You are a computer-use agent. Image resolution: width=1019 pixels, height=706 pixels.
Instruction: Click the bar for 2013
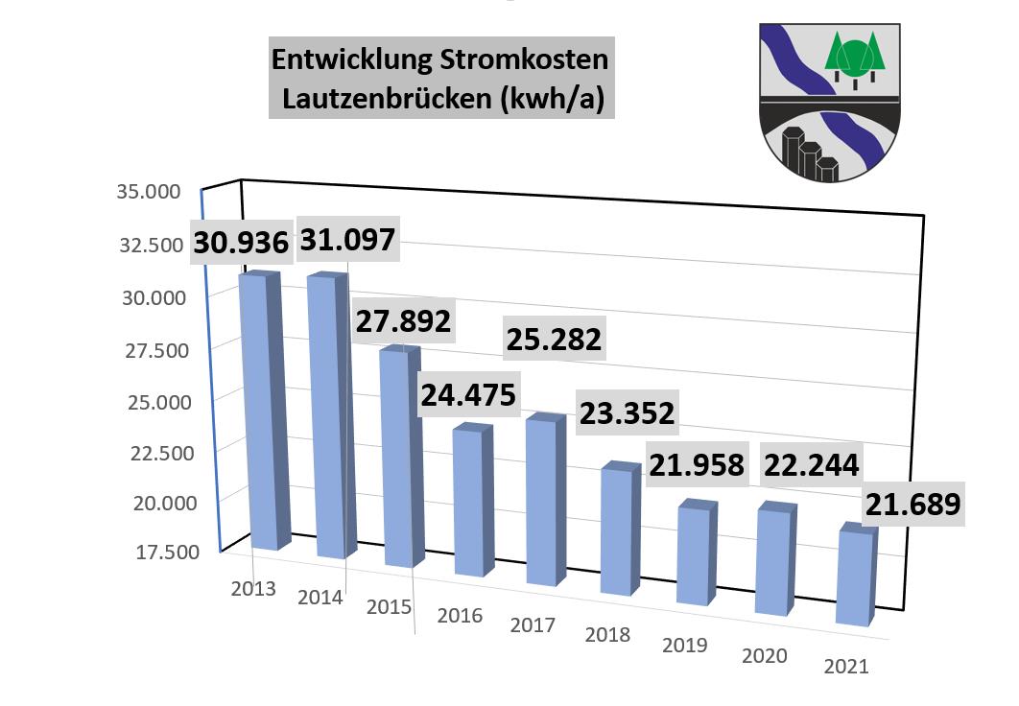click(261, 412)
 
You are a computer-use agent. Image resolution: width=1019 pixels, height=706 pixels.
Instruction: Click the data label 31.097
click(347, 239)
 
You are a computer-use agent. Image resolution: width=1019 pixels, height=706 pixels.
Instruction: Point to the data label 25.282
click(556, 339)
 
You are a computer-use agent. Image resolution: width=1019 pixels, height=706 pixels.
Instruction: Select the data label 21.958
click(697, 464)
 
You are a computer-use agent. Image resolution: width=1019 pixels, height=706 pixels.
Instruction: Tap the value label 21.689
click(912, 505)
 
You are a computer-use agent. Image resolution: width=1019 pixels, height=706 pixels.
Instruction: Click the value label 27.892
click(403, 320)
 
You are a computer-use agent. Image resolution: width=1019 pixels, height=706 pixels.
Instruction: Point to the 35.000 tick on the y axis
click(149, 191)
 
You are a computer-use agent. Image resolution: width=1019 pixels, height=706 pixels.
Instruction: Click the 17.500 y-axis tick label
click(149, 552)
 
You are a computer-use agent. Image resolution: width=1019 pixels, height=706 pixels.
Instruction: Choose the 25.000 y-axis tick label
click(149, 400)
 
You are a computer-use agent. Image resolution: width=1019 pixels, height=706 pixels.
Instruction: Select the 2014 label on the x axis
click(320, 598)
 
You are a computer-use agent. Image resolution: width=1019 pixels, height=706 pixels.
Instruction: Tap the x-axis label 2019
click(684, 645)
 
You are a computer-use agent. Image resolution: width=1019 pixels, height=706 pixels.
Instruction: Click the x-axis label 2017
click(533, 625)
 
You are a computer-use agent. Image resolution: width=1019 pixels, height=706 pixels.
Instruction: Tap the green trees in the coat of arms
click(856, 58)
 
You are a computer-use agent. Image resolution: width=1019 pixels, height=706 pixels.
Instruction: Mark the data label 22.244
click(811, 464)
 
